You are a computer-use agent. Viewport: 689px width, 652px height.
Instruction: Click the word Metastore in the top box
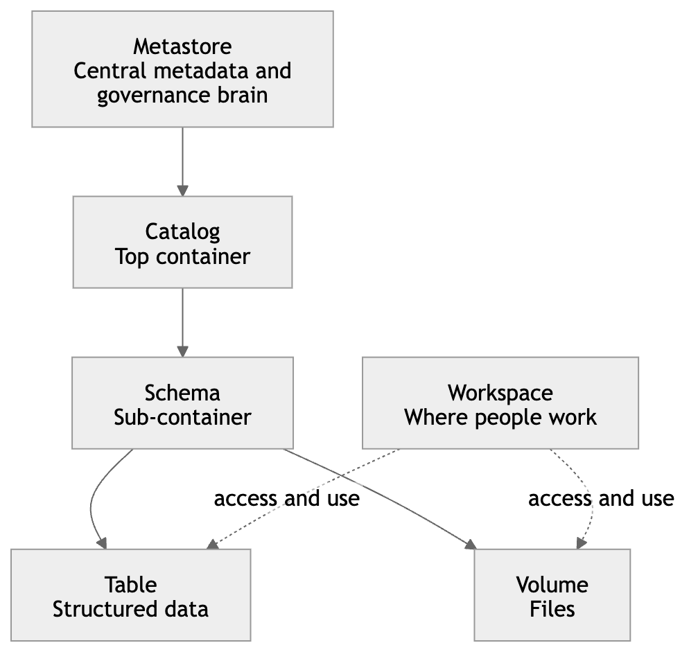pos(182,46)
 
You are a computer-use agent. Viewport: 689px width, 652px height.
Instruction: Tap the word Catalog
pos(182,231)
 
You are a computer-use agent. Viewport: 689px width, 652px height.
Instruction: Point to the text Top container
pos(182,256)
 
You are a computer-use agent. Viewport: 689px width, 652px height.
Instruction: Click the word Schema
pos(182,393)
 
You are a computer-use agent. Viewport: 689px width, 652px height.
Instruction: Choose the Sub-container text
pos(182,418)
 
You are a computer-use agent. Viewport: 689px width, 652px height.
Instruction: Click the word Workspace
pos(500,393)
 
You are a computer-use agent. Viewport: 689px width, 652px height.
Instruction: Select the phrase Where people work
pos(500,418)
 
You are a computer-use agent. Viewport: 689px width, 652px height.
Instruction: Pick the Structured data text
pos(130,609)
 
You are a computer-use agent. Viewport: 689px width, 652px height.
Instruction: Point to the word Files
pos(552,609)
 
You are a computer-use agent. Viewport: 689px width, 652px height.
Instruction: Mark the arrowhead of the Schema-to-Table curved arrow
pos(102,543)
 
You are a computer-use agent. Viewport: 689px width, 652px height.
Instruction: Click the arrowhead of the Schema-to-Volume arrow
pos(471,545)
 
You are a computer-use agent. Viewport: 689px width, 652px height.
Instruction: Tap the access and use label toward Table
pos(286,498)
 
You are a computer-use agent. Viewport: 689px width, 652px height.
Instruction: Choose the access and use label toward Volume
pos(600,498)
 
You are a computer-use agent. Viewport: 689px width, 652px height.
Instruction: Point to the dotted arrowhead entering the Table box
pos(212,545)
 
